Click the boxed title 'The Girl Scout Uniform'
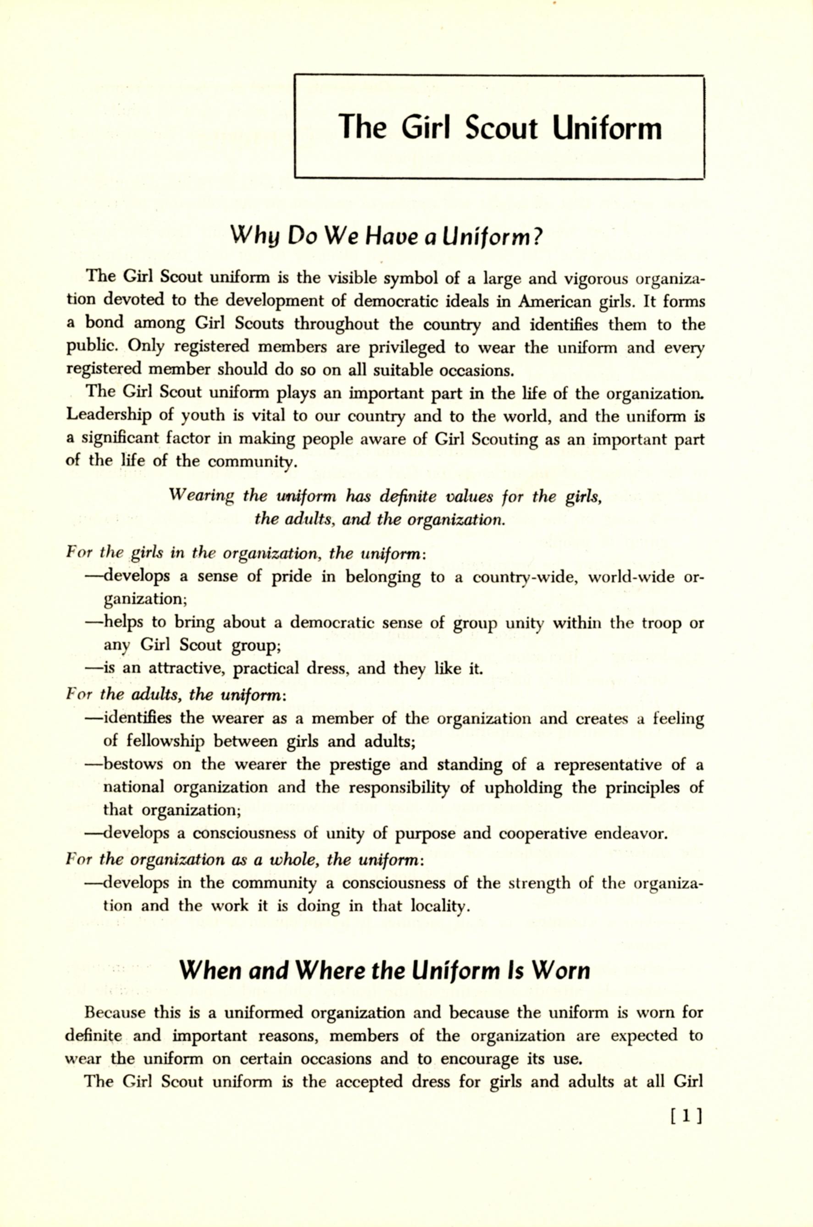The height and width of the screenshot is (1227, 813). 499,127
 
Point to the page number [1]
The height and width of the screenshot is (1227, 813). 686,1114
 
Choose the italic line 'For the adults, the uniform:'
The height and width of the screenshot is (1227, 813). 176,694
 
